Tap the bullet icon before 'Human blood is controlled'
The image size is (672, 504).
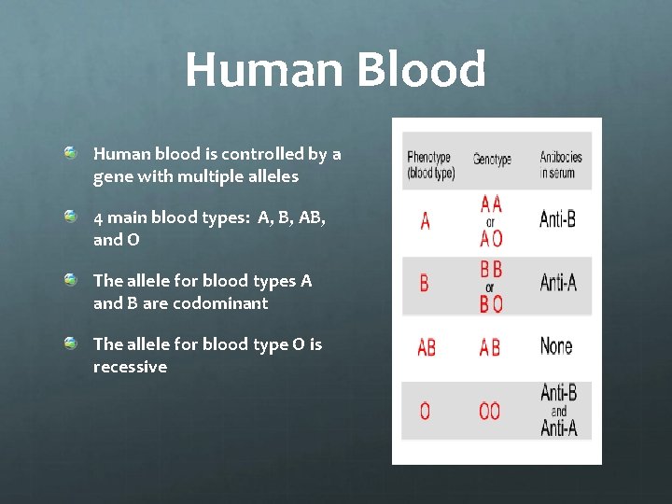pyautogui.click(x=71, y=152)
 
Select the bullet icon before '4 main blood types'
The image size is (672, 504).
pyautogui.click(x=71, y=217)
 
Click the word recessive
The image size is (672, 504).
pyautogui.click(x=130, y=367)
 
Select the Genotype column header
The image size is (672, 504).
pyautogui.click(x=492, y=160)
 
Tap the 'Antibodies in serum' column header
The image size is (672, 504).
pyautogui.click(x=560, y=165)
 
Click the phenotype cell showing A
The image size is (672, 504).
pyautogui.click(x=426, y=222)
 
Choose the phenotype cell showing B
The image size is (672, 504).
pyautogui.click(x=425, y=283)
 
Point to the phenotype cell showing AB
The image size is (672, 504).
pyautogui.click(x=427, y=347)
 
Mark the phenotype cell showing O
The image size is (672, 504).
pyautogui.click(x=426, y=411)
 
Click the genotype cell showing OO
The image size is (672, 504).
pyautogui.click(x=489, y=411)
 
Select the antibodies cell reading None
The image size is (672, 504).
pyautogui.click(x=556, y=346)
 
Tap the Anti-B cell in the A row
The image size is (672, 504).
pyautogui.click(x=558, y=220)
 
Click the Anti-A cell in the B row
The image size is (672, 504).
pyautogui.click(x=558, y=282)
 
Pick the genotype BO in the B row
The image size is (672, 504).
pyautogui.click(x=491, y=303)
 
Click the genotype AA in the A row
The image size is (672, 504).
pyautogui.click(x=491, y=203)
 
